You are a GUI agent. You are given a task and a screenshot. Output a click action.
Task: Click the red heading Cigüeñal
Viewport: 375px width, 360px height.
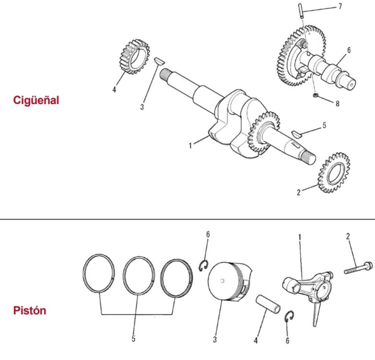click(x=36, y=100)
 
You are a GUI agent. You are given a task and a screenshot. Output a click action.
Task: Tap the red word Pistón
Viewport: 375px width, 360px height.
click(x=30, y=311)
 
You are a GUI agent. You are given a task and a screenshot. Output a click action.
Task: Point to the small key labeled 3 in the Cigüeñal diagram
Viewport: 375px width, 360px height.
click(x=158, y=61)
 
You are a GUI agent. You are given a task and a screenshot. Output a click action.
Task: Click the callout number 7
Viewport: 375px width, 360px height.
click(x=340, y=7)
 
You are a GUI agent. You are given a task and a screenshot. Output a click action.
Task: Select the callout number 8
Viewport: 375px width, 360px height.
click(x=337, y=104)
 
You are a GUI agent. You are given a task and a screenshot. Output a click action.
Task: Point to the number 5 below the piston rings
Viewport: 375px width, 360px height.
click(x=133, y=339)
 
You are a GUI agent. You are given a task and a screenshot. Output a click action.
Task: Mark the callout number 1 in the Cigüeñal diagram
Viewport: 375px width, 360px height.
click(x=190, y=146)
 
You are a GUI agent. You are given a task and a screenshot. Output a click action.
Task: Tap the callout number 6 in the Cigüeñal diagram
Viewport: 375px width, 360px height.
click(x=349, y=50)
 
